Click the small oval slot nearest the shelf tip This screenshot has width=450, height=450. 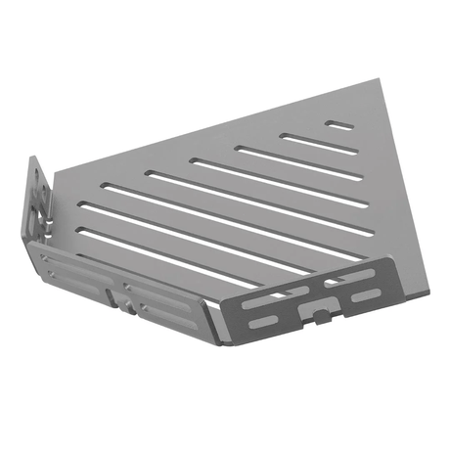click(340, 125)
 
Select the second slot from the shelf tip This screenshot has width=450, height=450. click(313, 143)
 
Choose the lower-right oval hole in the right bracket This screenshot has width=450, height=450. click(366, 294)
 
